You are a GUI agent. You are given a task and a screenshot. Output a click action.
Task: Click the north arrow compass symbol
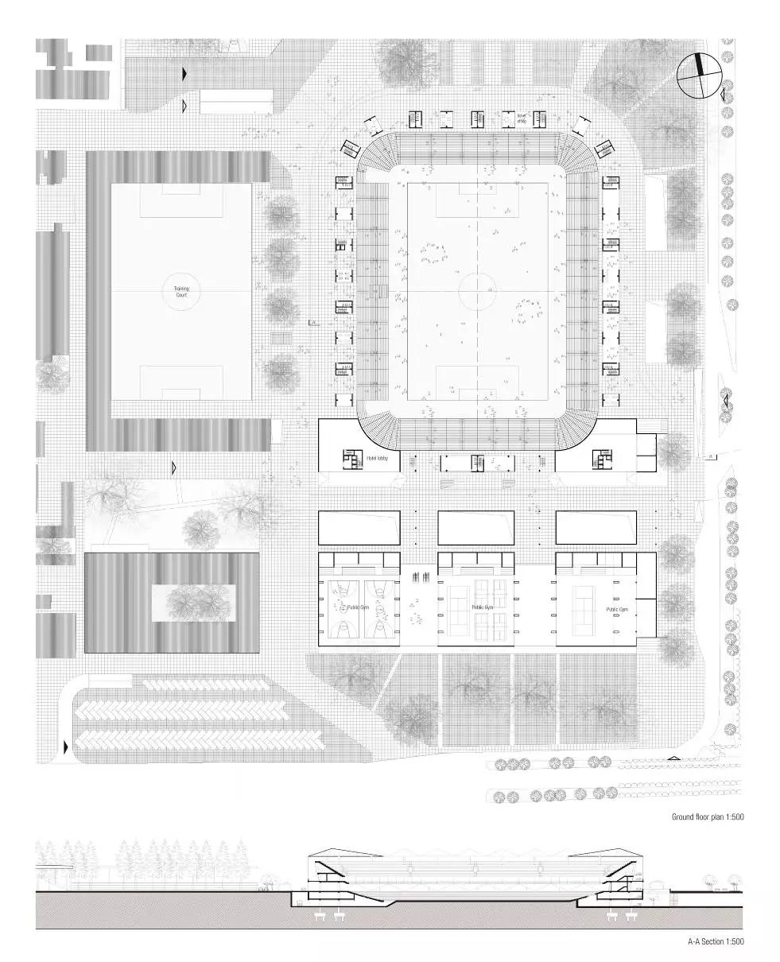coord(700,76)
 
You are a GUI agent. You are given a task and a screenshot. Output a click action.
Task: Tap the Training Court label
coord(181,292)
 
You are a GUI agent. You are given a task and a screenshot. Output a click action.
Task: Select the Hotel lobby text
coord(377,459)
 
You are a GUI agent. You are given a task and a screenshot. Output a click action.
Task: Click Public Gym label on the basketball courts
coord(358,607)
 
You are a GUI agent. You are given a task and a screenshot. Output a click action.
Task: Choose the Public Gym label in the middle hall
coord(483,607)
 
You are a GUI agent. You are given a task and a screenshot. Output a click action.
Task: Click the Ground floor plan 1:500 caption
coord(707,817)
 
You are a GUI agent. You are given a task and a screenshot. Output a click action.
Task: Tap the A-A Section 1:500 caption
coord(716,941)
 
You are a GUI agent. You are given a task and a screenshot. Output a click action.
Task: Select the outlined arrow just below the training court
coord(175,467)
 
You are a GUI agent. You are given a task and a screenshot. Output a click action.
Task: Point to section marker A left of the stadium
coord(313,324)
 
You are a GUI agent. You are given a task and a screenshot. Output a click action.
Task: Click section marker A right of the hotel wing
coord(711,457)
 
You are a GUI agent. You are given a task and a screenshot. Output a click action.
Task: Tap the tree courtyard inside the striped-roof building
coord(194,602)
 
